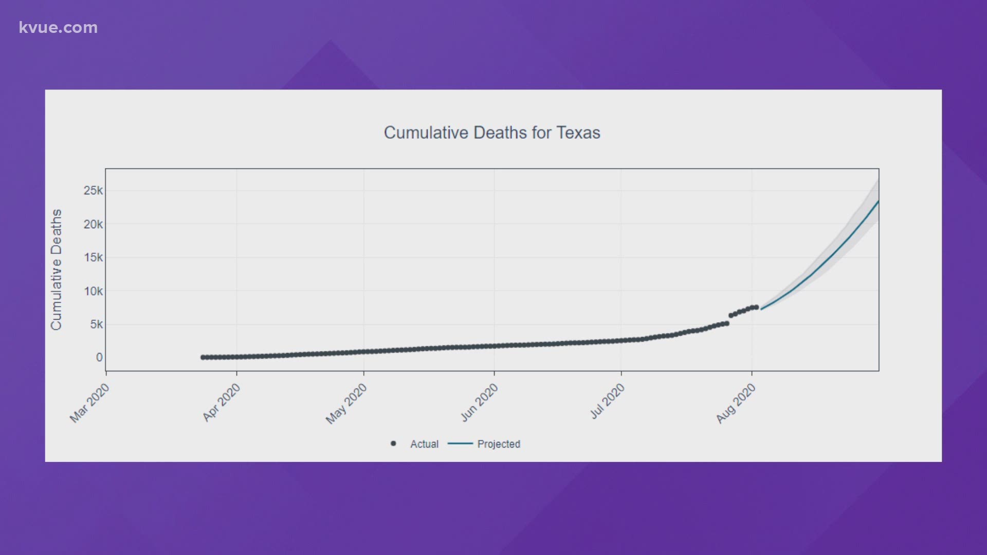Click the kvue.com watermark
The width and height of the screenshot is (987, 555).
pos(58,27)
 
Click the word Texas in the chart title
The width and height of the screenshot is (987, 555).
pos(578,133)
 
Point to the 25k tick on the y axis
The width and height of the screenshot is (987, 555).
pos(93,191)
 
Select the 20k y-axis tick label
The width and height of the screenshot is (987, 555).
pos(93,224)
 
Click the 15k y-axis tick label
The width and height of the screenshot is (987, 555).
pos(93,257)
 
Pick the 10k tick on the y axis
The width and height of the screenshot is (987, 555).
pos(93,291)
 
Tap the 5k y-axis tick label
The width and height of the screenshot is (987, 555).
pos(96,324)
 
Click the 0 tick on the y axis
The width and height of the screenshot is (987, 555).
pos(99,357)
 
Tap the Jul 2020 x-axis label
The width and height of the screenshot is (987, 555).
pos(608,402)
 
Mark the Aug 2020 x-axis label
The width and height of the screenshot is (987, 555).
pos(736,404)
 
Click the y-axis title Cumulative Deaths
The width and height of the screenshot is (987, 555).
pos(56,269)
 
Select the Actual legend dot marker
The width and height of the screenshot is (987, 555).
pos(393,443)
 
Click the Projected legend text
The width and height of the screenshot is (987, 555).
pos(499,444)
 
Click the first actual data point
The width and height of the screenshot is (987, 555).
pos(203,357)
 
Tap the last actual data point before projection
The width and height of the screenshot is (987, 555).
pos(756,307)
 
